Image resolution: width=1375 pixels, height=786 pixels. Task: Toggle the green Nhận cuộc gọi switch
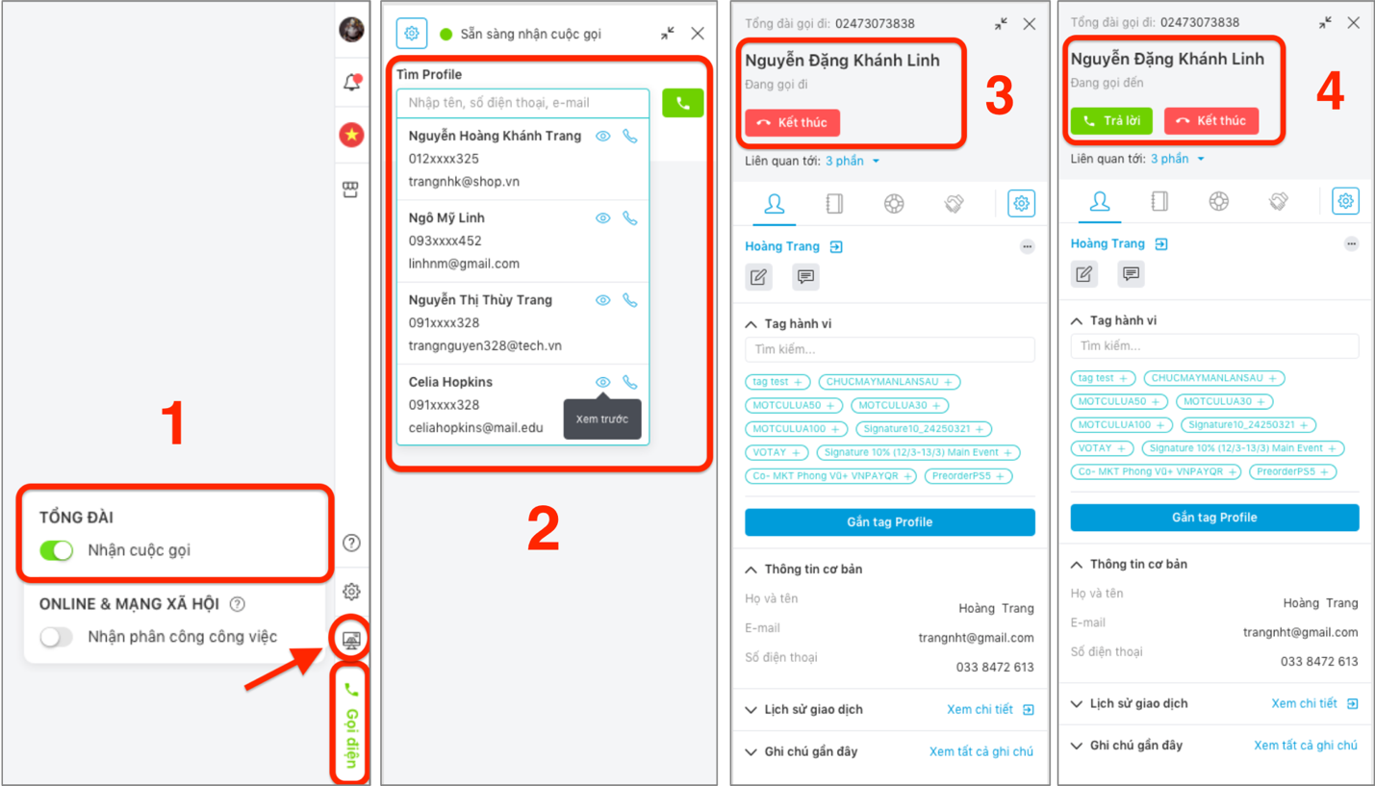click(57, 549)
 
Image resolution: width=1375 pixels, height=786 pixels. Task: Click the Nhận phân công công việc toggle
click(57, 637)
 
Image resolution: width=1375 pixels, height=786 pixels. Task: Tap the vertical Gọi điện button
click(351, 724)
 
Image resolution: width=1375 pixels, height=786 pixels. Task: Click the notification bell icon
click(352, 82)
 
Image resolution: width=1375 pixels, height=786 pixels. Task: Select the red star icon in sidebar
click(352, 135)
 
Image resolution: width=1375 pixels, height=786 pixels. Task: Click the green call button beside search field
click(682, 103)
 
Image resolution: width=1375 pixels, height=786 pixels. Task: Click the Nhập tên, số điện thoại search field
click(523, 103)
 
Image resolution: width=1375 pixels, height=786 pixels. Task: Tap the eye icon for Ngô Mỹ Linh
click(602, 218)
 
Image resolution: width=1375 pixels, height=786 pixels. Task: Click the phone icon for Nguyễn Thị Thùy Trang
click(630, 300)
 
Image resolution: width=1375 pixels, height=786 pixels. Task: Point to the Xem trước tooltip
click(602, 419)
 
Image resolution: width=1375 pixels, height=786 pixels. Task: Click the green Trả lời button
click(1111, 121)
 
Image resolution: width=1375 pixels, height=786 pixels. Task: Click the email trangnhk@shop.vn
click(464, 182)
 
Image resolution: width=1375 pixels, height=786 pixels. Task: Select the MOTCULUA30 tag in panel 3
click(900, 405)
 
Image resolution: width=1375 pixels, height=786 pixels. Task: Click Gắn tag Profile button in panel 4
click(1214, 518)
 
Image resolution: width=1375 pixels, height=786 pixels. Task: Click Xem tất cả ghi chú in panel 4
click(1305, 746)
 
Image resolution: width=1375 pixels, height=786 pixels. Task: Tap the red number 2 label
click(544, 527)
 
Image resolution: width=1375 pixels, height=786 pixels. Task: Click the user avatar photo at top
click(352, 30)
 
